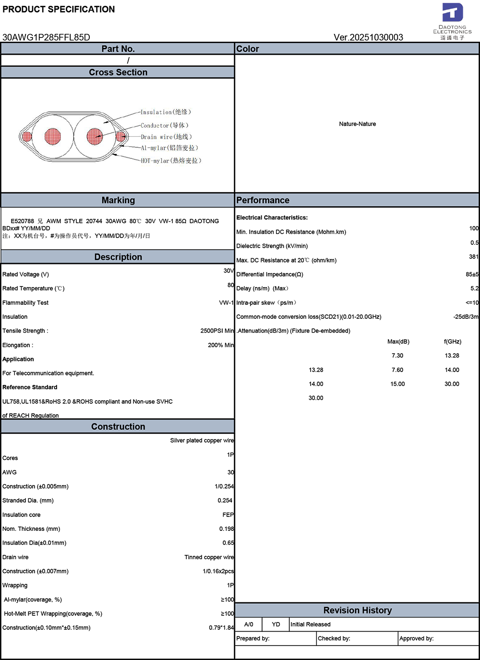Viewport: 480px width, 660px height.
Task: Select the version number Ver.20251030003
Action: pyautogui.click(x=368, y=37)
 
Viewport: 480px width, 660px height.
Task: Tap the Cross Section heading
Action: pyautogui.click(x=118, y=72)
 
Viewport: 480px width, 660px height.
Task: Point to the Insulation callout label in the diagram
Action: pyautogui.click(x=166, y=112)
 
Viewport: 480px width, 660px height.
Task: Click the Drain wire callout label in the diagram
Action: pyautogui.click(x=166, y=137)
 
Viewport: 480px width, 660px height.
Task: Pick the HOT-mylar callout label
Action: pyautogui.click(x=171, y=161)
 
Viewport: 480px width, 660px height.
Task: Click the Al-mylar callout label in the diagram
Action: pyautogui.click(x=169, y=148)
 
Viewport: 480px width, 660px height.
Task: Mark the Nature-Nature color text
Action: pyautogui.click(x=357, y=124)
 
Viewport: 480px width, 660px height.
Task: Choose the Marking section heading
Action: pyautogui.click(x=118, y=200)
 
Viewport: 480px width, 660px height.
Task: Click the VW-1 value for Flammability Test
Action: pyautogui.click(x=226, y=303)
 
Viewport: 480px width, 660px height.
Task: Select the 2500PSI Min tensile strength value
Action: pyautogui.click(x=217, y=331)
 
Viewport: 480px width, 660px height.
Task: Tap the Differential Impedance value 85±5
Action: pyautogui.click(x=472, y=275)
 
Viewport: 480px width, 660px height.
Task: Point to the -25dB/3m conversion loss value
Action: pyautogui.click(x=466, y=317)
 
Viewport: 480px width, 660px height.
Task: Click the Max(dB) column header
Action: pyautogui.click(x=398, y=342)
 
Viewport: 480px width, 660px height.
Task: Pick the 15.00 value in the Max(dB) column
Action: pyautogui.click(x=397, y=384)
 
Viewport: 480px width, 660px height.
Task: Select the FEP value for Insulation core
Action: pyautogui.click(x=228, y=515)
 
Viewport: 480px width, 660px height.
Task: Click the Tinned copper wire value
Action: pyautogui.click(x=209, y=557)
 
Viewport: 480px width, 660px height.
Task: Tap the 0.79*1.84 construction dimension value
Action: pyautogui.click(x=221, y=628)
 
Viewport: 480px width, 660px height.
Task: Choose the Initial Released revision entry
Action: pyautogui.click(x=310, y=624)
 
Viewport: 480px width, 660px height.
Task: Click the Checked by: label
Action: pyautogui.click(x=334, y=638)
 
